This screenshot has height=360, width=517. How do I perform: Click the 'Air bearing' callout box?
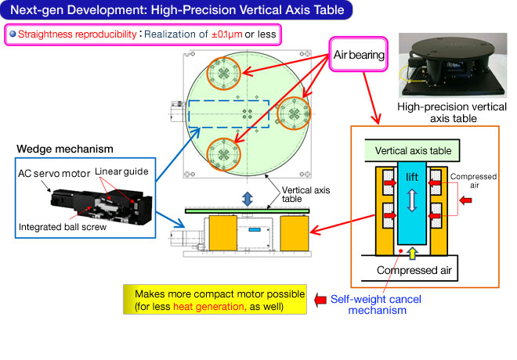(x=359, y=54)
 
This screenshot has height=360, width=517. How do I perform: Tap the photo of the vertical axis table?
(x=453, y=65)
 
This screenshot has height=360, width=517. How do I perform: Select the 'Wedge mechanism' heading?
(x=65, y=149)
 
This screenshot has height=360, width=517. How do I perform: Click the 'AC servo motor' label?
(x=54, y=173)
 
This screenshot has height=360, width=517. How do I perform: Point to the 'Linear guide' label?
(x=121, y=171)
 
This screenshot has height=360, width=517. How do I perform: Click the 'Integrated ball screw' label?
(x=63, y=227)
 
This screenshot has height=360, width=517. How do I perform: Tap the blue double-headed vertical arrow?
(x=248, y=199)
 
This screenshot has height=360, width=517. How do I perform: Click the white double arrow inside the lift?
(x=412, y=200)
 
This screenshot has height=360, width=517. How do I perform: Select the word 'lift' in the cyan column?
(x=412, y=177)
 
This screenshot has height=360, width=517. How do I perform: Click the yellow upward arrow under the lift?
(x=412, y=253)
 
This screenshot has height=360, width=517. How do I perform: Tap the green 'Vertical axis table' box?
(x=412, y=150)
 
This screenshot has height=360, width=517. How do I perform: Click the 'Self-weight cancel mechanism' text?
(x=376, y=304)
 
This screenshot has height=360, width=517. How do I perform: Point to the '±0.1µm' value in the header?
(x=227, y=34)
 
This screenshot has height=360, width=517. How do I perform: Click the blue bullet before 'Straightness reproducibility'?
(x=13, y=34)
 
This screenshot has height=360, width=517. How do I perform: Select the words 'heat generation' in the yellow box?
(x=209, y=307)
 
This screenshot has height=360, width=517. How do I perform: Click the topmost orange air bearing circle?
(x=223, y=73)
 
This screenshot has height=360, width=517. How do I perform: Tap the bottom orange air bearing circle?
(x=223, y=154)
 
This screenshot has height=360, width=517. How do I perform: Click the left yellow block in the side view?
(x=223, y=233)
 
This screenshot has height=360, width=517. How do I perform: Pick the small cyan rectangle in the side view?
(x=255, y=229)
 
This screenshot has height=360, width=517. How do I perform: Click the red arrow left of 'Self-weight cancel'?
(x=320, y=300)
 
